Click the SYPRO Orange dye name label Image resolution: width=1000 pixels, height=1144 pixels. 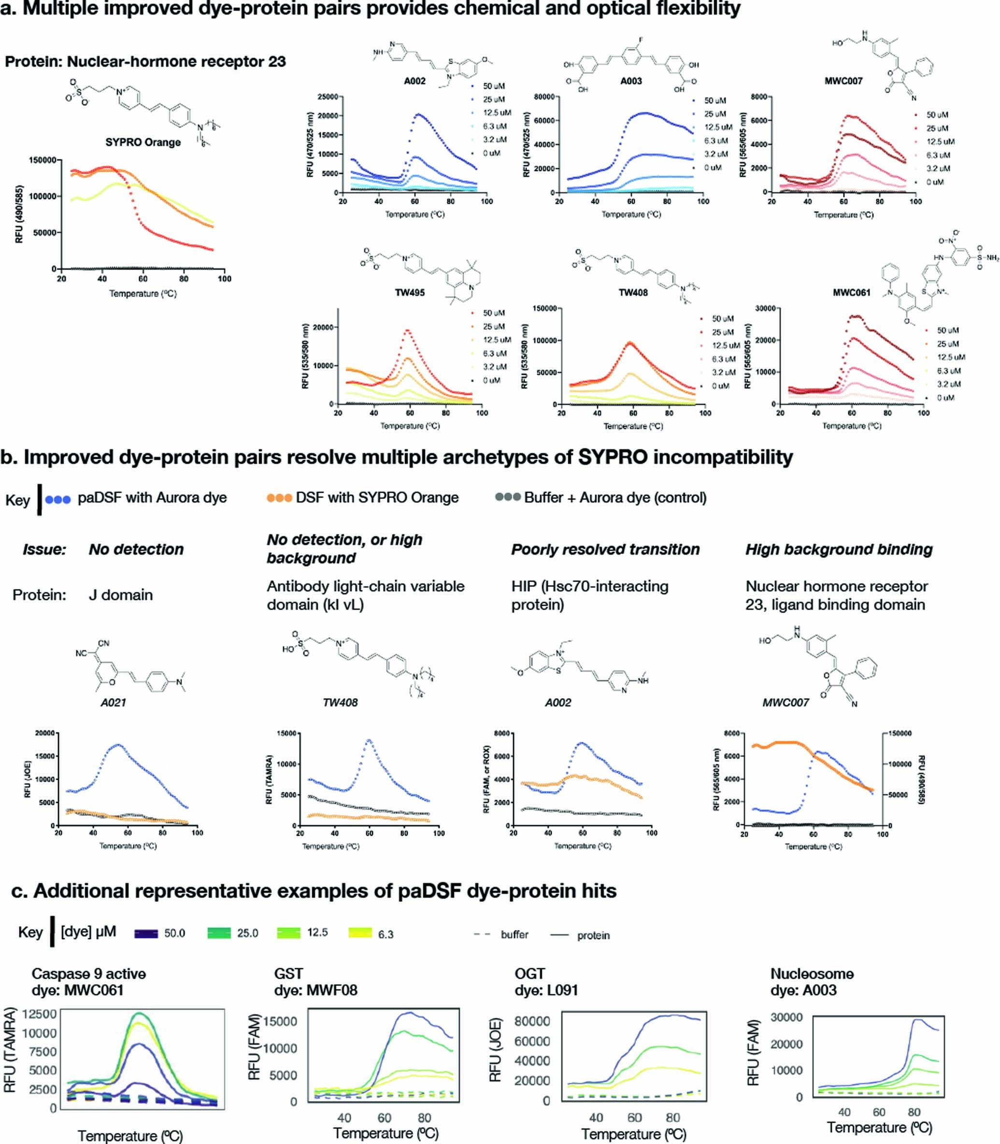(143, 143)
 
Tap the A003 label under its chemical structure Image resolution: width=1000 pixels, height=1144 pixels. (631, 81)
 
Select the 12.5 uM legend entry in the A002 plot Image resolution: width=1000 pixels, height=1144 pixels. (497, 113)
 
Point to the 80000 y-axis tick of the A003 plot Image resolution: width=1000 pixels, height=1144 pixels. (543, 97)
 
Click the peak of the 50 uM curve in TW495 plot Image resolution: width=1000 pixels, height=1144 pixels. (407, 330)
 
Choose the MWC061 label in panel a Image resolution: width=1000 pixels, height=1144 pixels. (852, 292)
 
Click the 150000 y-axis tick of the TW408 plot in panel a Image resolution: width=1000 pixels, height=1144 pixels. (544, 308)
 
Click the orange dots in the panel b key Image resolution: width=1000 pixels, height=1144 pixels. (279, 498)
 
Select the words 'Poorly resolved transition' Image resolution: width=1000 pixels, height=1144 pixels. (605, 550)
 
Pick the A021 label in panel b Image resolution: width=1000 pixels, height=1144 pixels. (113, 702)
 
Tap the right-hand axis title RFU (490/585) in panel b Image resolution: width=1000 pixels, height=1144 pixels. (921, 780)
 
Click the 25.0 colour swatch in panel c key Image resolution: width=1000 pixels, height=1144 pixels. (219, 933)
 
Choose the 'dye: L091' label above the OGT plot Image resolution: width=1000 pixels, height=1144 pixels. (546, 990)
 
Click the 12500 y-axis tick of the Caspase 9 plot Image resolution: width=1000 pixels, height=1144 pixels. (39, 1014)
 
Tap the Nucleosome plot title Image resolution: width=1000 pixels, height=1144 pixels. (812, 974)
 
